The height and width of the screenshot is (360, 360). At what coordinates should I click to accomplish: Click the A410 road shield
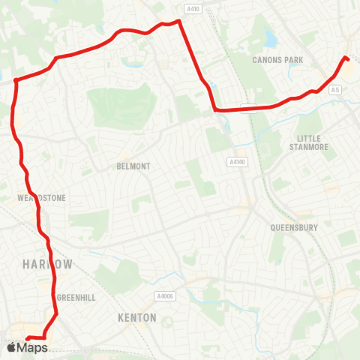click(194, 9)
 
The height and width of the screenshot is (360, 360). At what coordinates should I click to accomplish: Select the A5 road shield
click(336, 90)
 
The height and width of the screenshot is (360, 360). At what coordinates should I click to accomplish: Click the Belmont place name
click(134, 166)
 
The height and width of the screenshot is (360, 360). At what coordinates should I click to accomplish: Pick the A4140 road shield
click(236, 160)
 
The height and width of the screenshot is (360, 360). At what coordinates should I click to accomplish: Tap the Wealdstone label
click(41, 198)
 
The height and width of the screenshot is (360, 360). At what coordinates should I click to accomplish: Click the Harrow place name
click(47, 265)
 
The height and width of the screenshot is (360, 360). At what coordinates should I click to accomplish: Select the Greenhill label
click(76, 298)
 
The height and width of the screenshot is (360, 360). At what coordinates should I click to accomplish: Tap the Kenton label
click(137, 318)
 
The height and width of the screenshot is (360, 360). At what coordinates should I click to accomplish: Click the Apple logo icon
click(10, 347)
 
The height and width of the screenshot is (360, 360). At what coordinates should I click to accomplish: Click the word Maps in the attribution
click(32, 347)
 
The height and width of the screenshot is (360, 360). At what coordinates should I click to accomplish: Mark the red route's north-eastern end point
click(346, 58)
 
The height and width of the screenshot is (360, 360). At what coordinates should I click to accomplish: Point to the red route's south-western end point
click(28, 337)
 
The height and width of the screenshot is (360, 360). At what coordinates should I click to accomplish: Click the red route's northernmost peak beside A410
click(179, 21)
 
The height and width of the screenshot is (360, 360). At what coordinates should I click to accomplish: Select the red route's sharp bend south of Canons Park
click(216, 110)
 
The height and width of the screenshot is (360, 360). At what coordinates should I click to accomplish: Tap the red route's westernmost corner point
click(15, 79)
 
